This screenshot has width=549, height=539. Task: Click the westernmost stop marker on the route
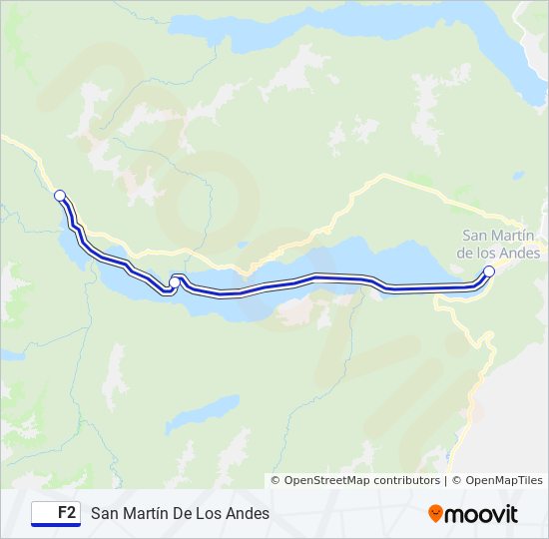[60, 195]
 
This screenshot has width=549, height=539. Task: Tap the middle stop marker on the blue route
[175, 282]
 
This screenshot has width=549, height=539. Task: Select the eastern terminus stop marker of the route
[489, 271]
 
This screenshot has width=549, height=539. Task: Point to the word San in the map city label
[476, 236]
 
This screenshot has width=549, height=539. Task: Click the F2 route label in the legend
[67, 512]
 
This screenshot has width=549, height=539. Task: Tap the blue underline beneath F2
[56, 525]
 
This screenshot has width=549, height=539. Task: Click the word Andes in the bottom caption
[245, 513]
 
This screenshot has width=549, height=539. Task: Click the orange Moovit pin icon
[435, 514]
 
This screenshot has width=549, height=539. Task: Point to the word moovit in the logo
[482, 514]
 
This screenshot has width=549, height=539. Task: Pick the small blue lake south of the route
[211, 408]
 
